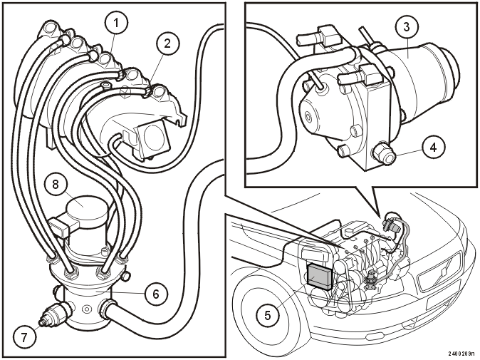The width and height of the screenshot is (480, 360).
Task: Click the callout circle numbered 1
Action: point(115,23)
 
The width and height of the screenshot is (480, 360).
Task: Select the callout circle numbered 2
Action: point(167,43)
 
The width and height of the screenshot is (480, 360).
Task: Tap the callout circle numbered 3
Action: point(406,27)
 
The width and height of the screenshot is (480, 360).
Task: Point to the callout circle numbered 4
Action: point(433,148)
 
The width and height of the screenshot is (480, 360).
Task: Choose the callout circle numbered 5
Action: point(268,315)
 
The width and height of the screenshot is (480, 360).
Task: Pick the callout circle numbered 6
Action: point(156,294)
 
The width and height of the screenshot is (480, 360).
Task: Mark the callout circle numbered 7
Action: point(24,338)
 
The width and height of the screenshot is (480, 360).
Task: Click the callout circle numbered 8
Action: point(56,185)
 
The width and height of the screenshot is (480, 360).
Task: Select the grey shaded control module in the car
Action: point(319,277)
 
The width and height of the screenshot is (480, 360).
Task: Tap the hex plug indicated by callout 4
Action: point(385,153)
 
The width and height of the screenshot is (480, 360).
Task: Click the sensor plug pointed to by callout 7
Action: point(53,314)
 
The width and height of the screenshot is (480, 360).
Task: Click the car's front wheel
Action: point(264,310)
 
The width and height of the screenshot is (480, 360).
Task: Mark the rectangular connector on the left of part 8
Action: point(59,227)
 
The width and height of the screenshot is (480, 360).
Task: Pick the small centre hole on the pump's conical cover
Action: point(307,116)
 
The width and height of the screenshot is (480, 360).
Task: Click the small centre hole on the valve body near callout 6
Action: point(88,309)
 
